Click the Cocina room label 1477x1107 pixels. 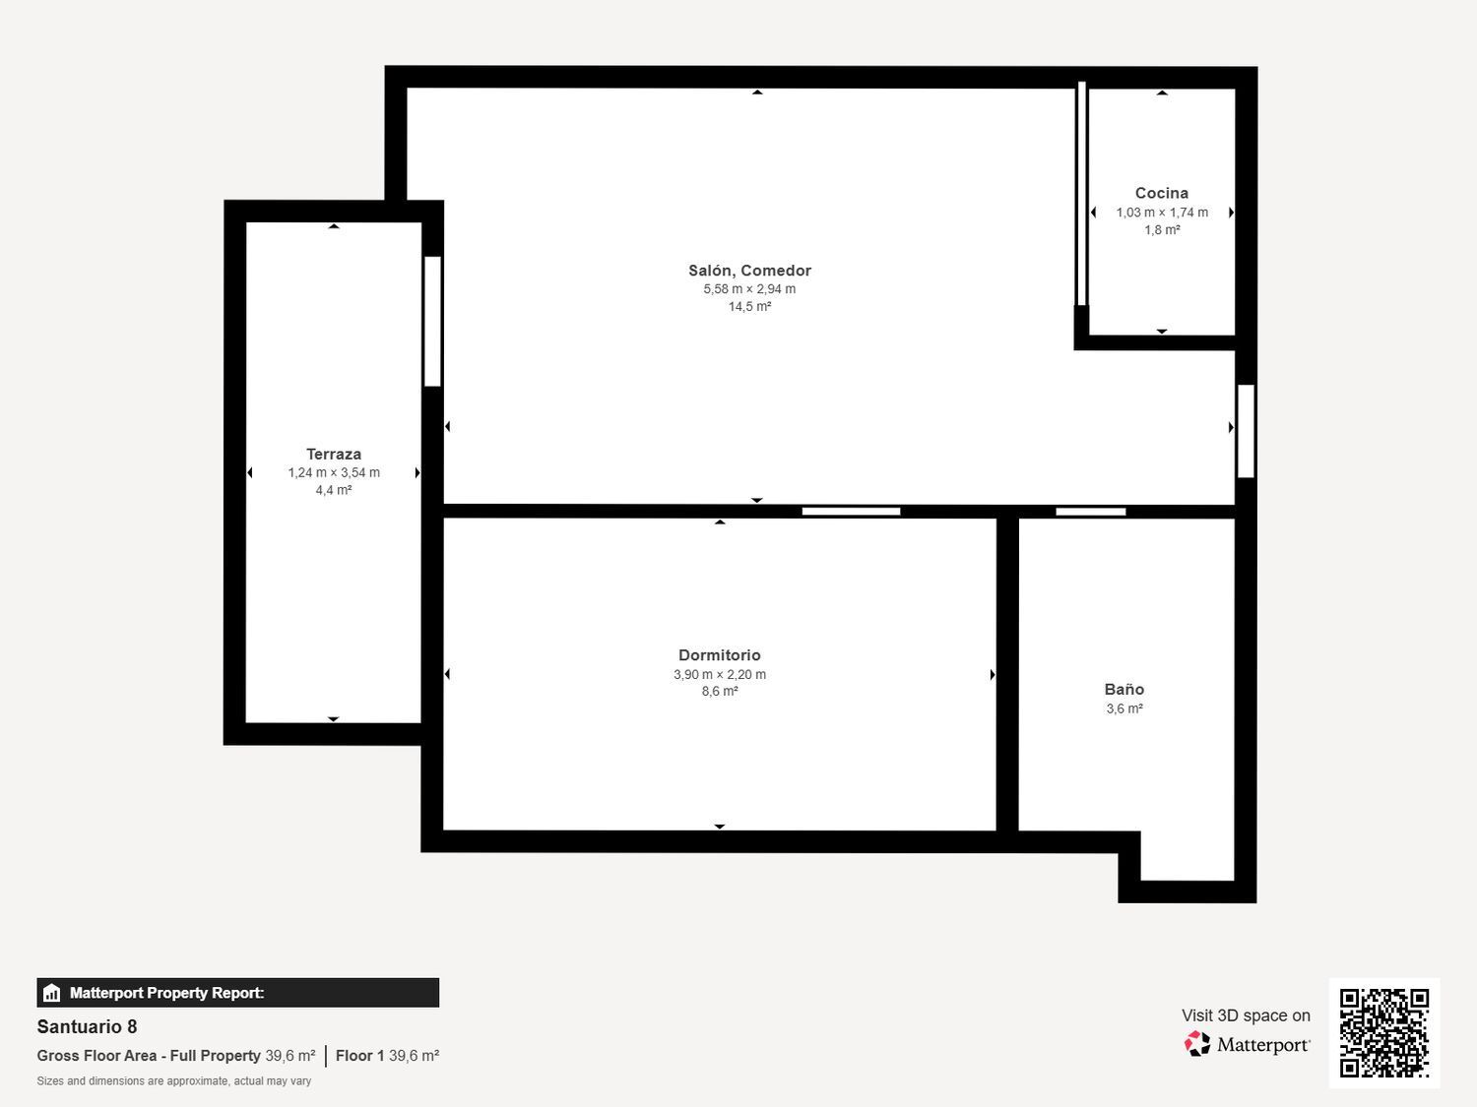coord(1161,194)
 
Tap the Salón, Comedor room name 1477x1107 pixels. coord(749,271)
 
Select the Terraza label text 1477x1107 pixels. coord(334,455)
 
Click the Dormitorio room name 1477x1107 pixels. coord(720,655)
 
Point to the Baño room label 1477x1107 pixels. coord(1124,690)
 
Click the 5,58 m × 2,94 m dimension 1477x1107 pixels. coord(749,289)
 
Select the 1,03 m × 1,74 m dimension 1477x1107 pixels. coord(1161,213)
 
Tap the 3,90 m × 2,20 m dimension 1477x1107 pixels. coord(720,675)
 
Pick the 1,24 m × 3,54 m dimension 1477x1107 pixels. coord(334,473)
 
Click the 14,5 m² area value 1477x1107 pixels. coord(749,307)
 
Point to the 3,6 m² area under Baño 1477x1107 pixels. coord(1124,708)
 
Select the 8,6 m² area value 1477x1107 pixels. coord(720,692)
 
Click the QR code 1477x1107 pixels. coord(1383,1032)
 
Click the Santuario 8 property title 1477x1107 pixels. coord(87,1027)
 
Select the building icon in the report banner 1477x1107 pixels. coord(52,993)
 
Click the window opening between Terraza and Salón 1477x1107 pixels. coord(432,321)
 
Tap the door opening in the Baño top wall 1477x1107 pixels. coord(1090,512)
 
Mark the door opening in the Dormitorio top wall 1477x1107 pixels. coord(851,512)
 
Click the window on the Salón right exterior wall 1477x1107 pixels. coord(1246,431)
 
